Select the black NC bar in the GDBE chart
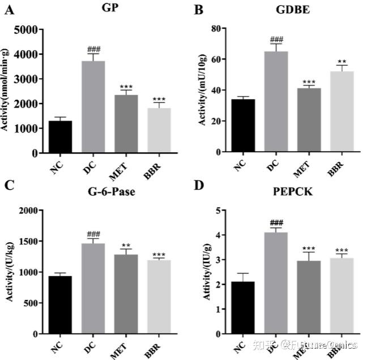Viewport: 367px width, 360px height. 243,126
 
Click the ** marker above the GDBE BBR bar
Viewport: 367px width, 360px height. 342,62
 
